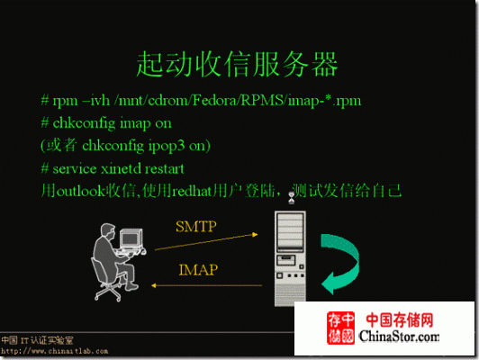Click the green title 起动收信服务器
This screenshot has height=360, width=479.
237,65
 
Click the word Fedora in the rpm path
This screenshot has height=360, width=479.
215,101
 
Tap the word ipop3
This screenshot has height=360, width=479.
167,147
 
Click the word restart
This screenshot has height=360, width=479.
165,169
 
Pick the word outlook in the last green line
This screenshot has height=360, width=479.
81,191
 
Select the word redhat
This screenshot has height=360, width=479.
192,192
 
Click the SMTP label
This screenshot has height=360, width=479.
196,227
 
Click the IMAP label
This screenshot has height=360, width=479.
198,270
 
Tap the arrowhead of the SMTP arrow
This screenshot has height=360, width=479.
255,235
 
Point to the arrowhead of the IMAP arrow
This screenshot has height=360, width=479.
154,286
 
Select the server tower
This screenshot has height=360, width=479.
290,258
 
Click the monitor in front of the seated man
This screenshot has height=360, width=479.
131,239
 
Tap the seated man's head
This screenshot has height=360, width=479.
108,231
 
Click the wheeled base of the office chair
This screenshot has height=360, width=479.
108,292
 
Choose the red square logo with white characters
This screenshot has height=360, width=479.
340,328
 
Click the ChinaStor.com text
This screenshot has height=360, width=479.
399,337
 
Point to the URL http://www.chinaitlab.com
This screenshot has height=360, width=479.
54,351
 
